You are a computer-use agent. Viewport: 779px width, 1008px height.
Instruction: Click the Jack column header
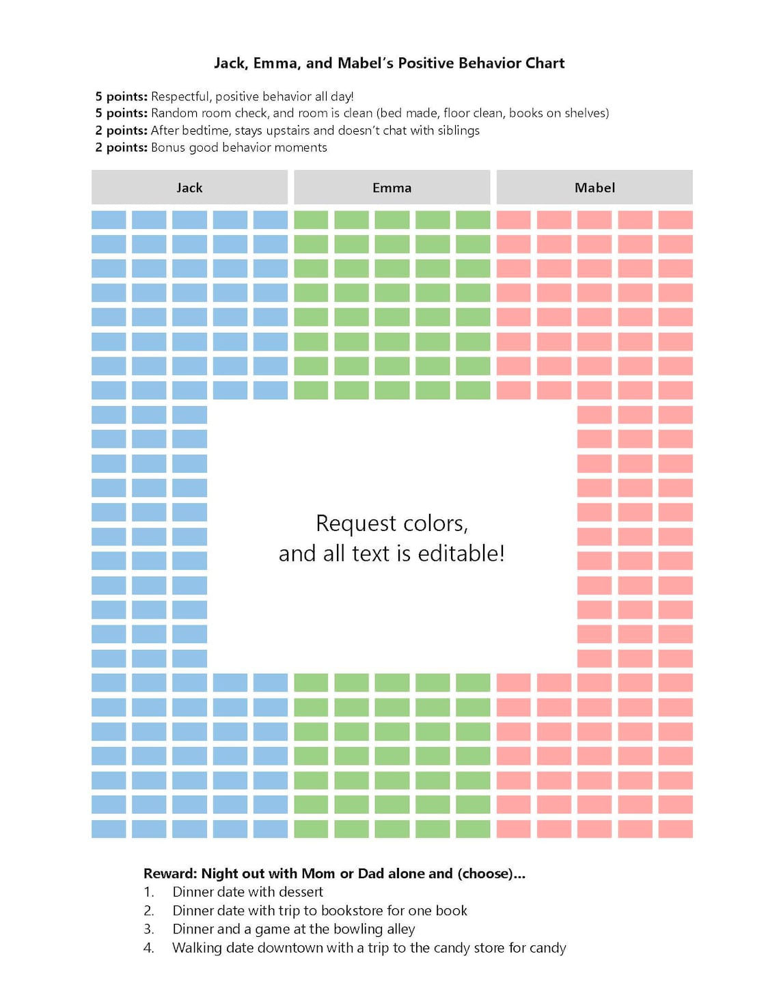click(189, 188)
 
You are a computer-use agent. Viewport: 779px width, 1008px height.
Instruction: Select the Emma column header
click(392, 188)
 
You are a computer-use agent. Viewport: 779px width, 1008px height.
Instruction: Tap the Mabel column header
click(594, 188)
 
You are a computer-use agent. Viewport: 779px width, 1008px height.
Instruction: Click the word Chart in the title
click(545, 64)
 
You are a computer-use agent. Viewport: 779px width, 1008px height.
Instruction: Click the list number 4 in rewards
click(148, 948)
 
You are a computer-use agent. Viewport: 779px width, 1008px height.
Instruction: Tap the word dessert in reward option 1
click(301, 892)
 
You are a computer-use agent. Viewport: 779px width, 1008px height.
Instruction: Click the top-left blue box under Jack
click(109, 220)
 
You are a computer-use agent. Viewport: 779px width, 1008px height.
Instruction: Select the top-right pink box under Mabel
click(675, 220)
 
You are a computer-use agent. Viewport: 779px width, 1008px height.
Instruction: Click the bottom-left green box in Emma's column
click(311, 829)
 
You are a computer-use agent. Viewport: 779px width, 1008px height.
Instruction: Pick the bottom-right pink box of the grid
click(675, 829)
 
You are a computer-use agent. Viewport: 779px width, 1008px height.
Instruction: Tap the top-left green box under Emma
click(311, 220)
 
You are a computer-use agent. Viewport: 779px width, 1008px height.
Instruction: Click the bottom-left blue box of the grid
click(109, 829)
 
